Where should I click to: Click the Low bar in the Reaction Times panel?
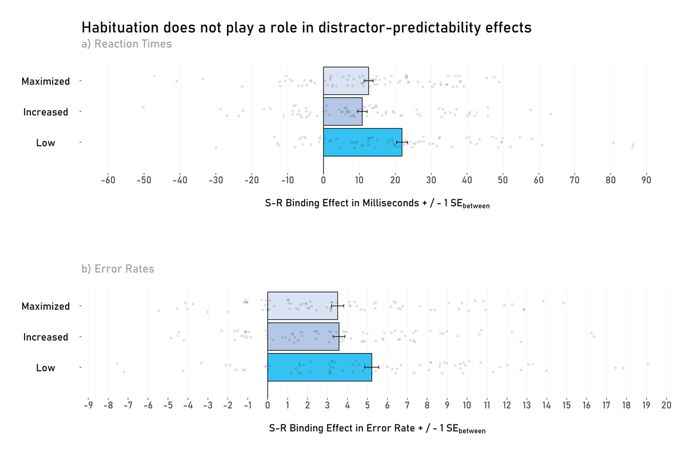click(362, 142)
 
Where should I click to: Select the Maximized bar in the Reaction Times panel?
click(346, 81)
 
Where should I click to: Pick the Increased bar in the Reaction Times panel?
click(342, 111)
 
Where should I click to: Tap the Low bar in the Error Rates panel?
click(320, 367)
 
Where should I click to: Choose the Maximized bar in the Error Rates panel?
click(302, 306)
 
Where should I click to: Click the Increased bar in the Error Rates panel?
click(303, 336)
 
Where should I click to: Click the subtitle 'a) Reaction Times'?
click(126, 44)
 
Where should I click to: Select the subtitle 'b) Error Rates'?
click(118, 269)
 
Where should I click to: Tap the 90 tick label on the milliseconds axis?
click(647, 181)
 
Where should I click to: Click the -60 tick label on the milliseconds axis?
click(108, 181)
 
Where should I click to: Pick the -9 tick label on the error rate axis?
click(88, 406)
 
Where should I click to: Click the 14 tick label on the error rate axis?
click(547, 406)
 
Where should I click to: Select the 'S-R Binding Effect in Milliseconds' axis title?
click(377, 204)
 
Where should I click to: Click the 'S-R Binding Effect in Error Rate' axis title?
click(377, 428)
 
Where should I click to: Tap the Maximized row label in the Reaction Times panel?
click(46, 81)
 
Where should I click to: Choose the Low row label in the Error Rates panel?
click(46, 368)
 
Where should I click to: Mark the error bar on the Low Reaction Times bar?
click(402, 142)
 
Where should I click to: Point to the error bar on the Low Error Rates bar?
click(372, 367)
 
